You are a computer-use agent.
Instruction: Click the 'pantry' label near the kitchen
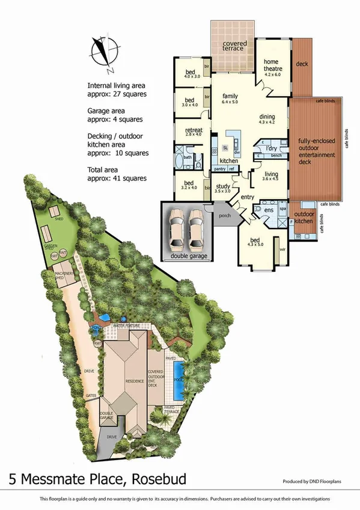pos(219,170)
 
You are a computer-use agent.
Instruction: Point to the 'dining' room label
pos(267,117)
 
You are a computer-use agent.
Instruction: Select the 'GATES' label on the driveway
pos(91,395)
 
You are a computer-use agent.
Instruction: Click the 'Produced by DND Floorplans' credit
pos(316,482)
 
